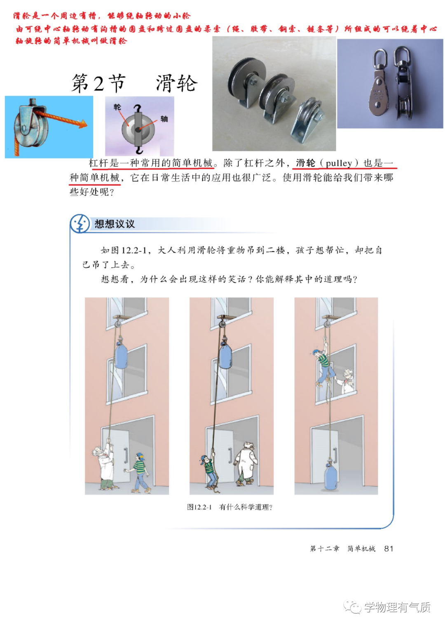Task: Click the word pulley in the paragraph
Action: (x=339, y=163)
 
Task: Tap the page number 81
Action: (x=389, y=548)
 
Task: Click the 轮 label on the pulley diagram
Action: (x=117, y=107)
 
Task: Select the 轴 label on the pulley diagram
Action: (x=164, y=119)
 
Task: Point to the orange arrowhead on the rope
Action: (x=83, y=123)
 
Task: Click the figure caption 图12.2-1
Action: (x=199, y=507)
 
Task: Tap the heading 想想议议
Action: (x=115, y=224)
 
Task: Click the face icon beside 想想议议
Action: (x=80, y=223)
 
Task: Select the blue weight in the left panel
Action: (x=122, y=355)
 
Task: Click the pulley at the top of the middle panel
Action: (x=222, y=324)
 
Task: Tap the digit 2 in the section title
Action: (x=99, y=83)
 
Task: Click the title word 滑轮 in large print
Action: (x=177, y=83)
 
